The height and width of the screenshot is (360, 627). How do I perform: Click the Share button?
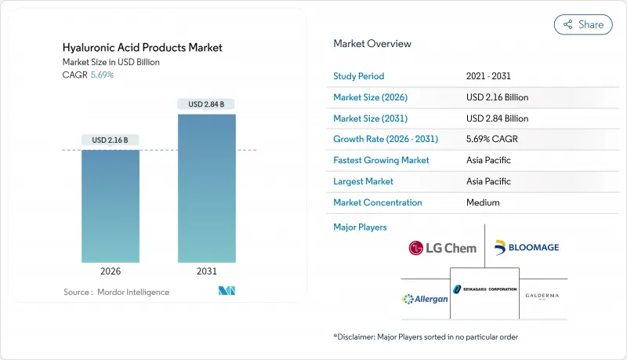[x=583, y=24]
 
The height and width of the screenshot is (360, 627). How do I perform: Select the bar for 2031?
[x=206, y=188]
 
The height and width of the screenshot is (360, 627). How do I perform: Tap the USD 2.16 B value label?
[x=111, y=140]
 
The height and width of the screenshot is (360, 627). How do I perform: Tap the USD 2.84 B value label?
[x=206, y=104]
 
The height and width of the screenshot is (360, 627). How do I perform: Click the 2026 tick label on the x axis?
[x=111, y=271]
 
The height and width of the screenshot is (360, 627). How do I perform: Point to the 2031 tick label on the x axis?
[x=206, y=271]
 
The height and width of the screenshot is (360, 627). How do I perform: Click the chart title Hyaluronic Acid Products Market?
[x=143, y=48]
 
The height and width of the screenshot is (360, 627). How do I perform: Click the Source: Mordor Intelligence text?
[x=116, y=292]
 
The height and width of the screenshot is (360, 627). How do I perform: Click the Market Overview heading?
[x=372, y=44]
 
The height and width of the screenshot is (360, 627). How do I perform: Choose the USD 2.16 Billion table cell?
[x=497, y=97]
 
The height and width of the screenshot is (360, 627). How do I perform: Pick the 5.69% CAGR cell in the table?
[x=491, y=139]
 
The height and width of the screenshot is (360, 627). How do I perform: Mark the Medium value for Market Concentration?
[x=483, y=202]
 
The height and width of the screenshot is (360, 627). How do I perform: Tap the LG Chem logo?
[x=442, y=248]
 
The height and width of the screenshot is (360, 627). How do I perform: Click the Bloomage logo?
[x=527, y=248]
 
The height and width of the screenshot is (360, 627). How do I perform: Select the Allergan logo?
[x=425, y=299]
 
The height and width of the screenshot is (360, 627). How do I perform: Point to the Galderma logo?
[x=542, y=296]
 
